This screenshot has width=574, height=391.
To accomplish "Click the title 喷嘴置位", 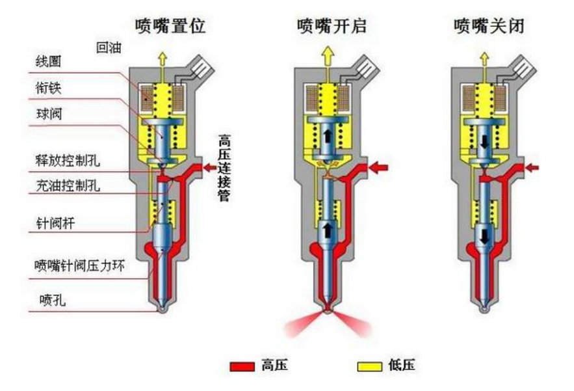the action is pos(170,26).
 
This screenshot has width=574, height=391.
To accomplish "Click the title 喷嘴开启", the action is pos(332,26).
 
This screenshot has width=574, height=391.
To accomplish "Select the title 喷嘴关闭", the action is pos(489,26).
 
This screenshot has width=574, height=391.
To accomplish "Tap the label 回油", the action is pos(109,47).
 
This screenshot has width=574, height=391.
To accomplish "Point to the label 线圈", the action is pos(48,61).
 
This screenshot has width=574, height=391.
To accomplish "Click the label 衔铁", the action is pos(48,88).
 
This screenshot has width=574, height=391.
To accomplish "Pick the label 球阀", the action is pos(49,114).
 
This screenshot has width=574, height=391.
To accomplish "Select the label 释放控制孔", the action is pos(68,160).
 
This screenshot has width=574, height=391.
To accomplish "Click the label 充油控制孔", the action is pos(68,185).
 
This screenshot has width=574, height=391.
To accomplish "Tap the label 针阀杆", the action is pos(55,223).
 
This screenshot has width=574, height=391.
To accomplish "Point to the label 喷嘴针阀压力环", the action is pos(79,265).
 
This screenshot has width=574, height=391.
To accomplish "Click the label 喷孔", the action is pos(53,300).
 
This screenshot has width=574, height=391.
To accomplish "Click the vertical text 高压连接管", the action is pos(224,168).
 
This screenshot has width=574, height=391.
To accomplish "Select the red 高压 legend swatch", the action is pos(242,366).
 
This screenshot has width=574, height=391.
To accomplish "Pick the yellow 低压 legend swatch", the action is pos(370,366).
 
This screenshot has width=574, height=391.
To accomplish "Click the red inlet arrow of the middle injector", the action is pos(379,168).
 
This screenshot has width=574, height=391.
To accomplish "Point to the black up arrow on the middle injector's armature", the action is pos(328,135).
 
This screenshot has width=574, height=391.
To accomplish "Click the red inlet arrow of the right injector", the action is pos(532,168).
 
